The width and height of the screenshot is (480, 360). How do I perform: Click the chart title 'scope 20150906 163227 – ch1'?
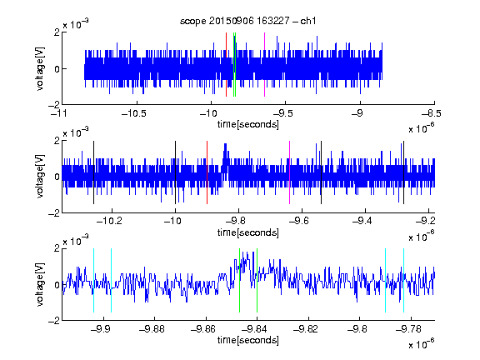point(247,21)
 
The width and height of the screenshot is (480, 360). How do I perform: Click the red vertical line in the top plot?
point(226,65)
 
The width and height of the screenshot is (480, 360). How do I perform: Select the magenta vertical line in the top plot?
point(264,65)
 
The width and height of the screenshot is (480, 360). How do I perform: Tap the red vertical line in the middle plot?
point(207,172)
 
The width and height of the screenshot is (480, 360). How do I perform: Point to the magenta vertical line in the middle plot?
point(290,172)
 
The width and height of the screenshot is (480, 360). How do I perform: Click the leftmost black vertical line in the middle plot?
point(93,172)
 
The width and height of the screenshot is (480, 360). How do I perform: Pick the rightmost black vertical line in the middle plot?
point(404,172)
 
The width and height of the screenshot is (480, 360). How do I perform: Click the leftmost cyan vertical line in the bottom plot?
point(93,280)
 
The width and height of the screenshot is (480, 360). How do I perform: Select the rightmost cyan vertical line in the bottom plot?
point(404,280)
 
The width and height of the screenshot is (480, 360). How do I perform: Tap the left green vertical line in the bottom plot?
point(239,280)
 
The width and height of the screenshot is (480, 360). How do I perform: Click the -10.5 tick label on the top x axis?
point(134,113)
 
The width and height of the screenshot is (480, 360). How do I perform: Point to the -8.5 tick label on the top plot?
point(432,113)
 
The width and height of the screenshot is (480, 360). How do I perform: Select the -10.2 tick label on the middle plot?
point(109,221)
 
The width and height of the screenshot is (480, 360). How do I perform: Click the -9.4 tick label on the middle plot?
point(362,221)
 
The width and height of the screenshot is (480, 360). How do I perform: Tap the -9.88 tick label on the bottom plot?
point(152,329)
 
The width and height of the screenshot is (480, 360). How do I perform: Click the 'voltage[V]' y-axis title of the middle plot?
point(40,177)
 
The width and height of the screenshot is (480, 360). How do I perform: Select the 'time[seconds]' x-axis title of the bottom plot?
point(248,340)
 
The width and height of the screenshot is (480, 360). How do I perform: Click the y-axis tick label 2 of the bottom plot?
point(57,248)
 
